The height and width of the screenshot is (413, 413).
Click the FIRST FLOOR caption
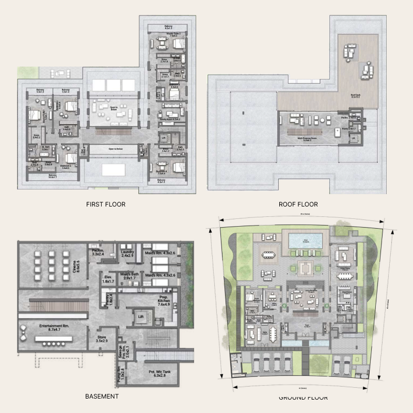click(x=106, y=204)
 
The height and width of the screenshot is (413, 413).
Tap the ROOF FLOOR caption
click(x=298, y=204)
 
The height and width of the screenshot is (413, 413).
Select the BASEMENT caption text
click(x=102, y=396)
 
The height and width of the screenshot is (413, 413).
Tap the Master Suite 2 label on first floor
click(x=172, y=35)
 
